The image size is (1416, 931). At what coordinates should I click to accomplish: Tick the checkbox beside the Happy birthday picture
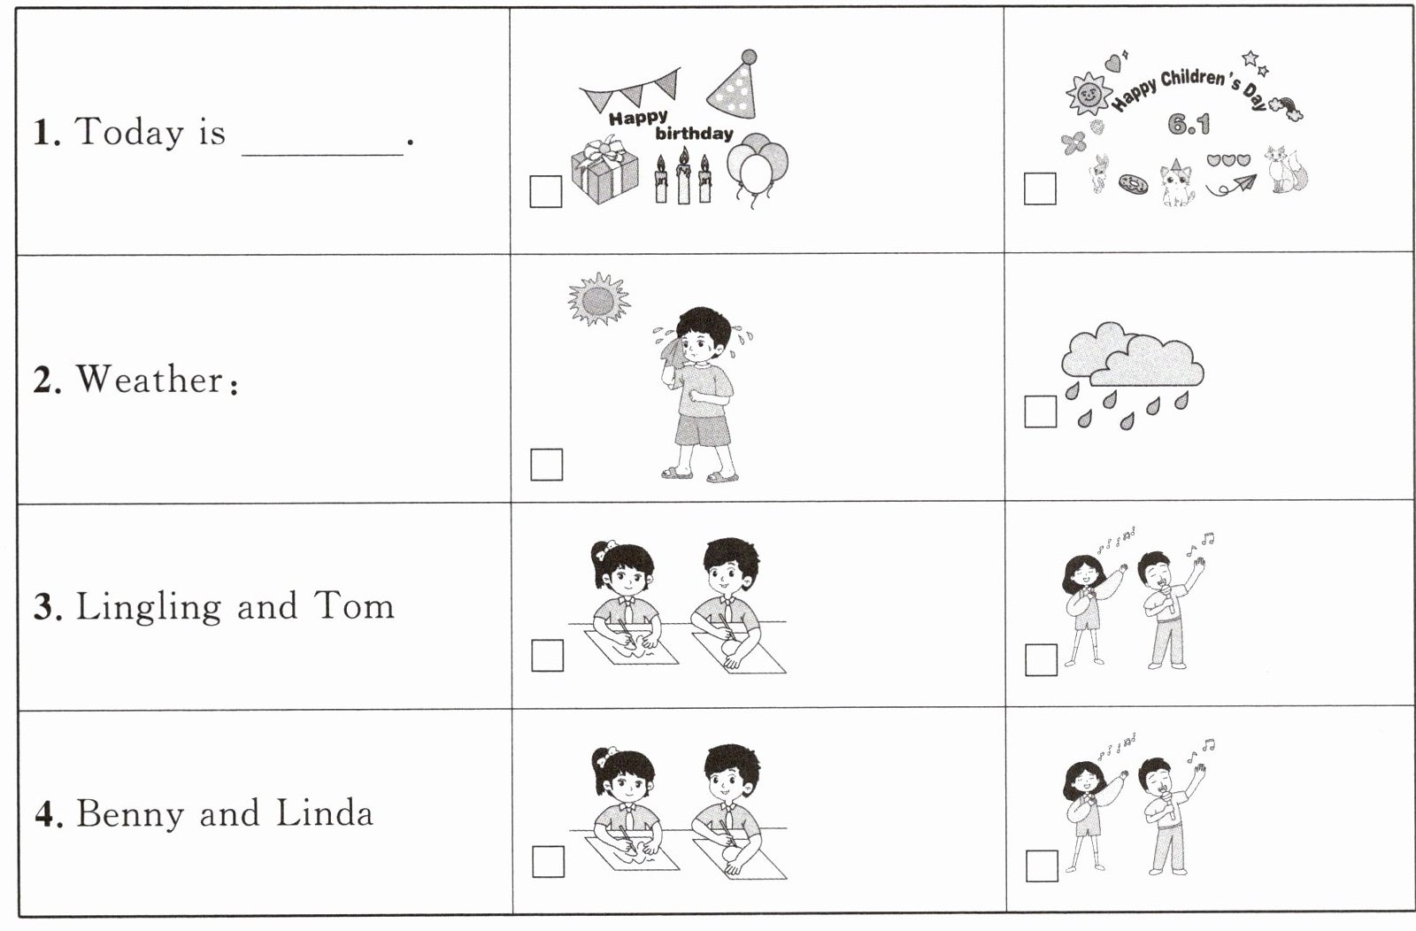(x=545, y=191)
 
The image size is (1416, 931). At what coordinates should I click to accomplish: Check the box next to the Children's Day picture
(x=1040, y=189)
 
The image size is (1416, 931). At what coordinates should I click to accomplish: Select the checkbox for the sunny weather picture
(x=546, y=465)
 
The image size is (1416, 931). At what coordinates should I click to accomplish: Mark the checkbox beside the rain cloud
(x=1041, y=412)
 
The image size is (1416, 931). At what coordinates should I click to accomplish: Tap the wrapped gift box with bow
(x=604, y=171)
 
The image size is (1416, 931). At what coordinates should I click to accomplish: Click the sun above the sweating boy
(x=598, y=300)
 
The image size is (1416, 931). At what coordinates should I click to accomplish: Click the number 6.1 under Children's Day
(x=1189, y=125)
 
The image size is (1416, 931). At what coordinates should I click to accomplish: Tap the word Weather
(x=150, y=380)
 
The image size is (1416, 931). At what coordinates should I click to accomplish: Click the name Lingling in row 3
(x=149, y=607)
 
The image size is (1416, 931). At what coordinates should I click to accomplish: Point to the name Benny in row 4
(x=130, y=814)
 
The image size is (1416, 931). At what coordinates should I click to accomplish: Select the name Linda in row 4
(x=324, y=812)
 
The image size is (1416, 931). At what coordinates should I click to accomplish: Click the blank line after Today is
(x=322, y=154)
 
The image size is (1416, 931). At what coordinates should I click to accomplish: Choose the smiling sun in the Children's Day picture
(x=1089, y=94)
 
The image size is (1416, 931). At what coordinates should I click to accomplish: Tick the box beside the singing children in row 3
(x=1041, y=660)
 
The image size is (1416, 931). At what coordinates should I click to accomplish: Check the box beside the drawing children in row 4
(x=548, y=861)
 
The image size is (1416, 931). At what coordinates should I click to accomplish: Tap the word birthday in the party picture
(x=694, y=134)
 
